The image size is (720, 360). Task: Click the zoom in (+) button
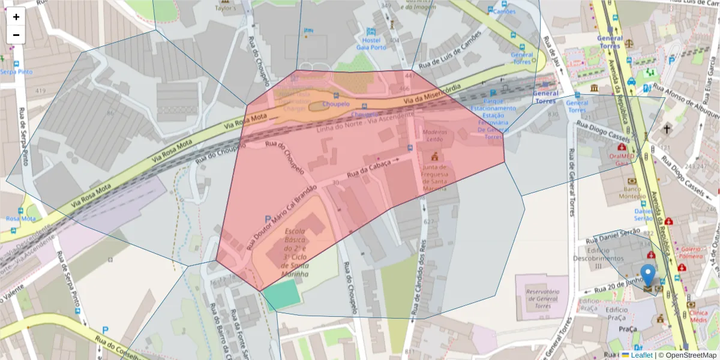[16, 17]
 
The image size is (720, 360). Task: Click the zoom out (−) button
[16, 35]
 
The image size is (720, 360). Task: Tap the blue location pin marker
[648, 276]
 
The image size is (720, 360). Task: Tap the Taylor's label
[226, 9]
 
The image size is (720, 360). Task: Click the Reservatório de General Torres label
[542, 299]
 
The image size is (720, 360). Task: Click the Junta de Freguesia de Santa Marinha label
[435, 178]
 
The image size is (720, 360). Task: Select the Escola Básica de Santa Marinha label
[296, 253]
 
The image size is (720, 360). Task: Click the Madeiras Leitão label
[435, 135]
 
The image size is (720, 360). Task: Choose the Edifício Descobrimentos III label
[606, 257]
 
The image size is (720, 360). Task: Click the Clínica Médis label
[698, 316]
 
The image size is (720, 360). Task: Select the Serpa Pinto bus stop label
[16, 71]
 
